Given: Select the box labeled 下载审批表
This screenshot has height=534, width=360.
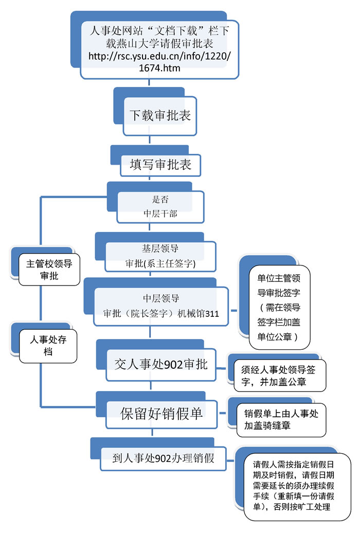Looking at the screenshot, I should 160,115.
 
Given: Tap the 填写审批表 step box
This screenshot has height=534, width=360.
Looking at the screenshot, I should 160,165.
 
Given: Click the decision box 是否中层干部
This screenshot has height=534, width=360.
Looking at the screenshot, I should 160,206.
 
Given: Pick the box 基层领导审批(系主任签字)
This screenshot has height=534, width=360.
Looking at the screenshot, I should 160,256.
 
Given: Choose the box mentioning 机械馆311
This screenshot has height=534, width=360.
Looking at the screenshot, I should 160,307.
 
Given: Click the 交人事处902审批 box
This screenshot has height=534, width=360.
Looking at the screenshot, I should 160,365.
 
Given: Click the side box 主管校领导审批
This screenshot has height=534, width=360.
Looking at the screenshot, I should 49,270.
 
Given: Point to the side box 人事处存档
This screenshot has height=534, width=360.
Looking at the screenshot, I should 47,345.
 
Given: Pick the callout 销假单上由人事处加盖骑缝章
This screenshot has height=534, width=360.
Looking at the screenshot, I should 278,419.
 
